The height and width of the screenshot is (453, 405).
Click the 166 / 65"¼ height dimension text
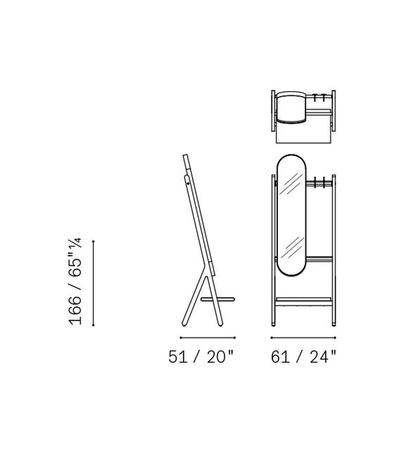[x=75, y=282]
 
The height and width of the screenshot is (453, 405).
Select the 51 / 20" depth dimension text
[x=200, y=356]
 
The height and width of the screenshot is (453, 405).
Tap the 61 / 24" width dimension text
[x=303, y=356]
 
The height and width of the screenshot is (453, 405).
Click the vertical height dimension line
[x=93, y=283]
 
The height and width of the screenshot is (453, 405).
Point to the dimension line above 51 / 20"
[x=207, y=337]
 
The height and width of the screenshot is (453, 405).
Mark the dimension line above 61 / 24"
[x=303, y=337]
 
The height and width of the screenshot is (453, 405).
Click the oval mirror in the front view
[x=291, y=215]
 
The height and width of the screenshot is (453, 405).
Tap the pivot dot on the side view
[x=188, y=183]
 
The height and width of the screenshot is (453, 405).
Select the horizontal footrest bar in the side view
[x=218, y=299]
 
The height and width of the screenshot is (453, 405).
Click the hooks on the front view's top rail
[x=319, y=182]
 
